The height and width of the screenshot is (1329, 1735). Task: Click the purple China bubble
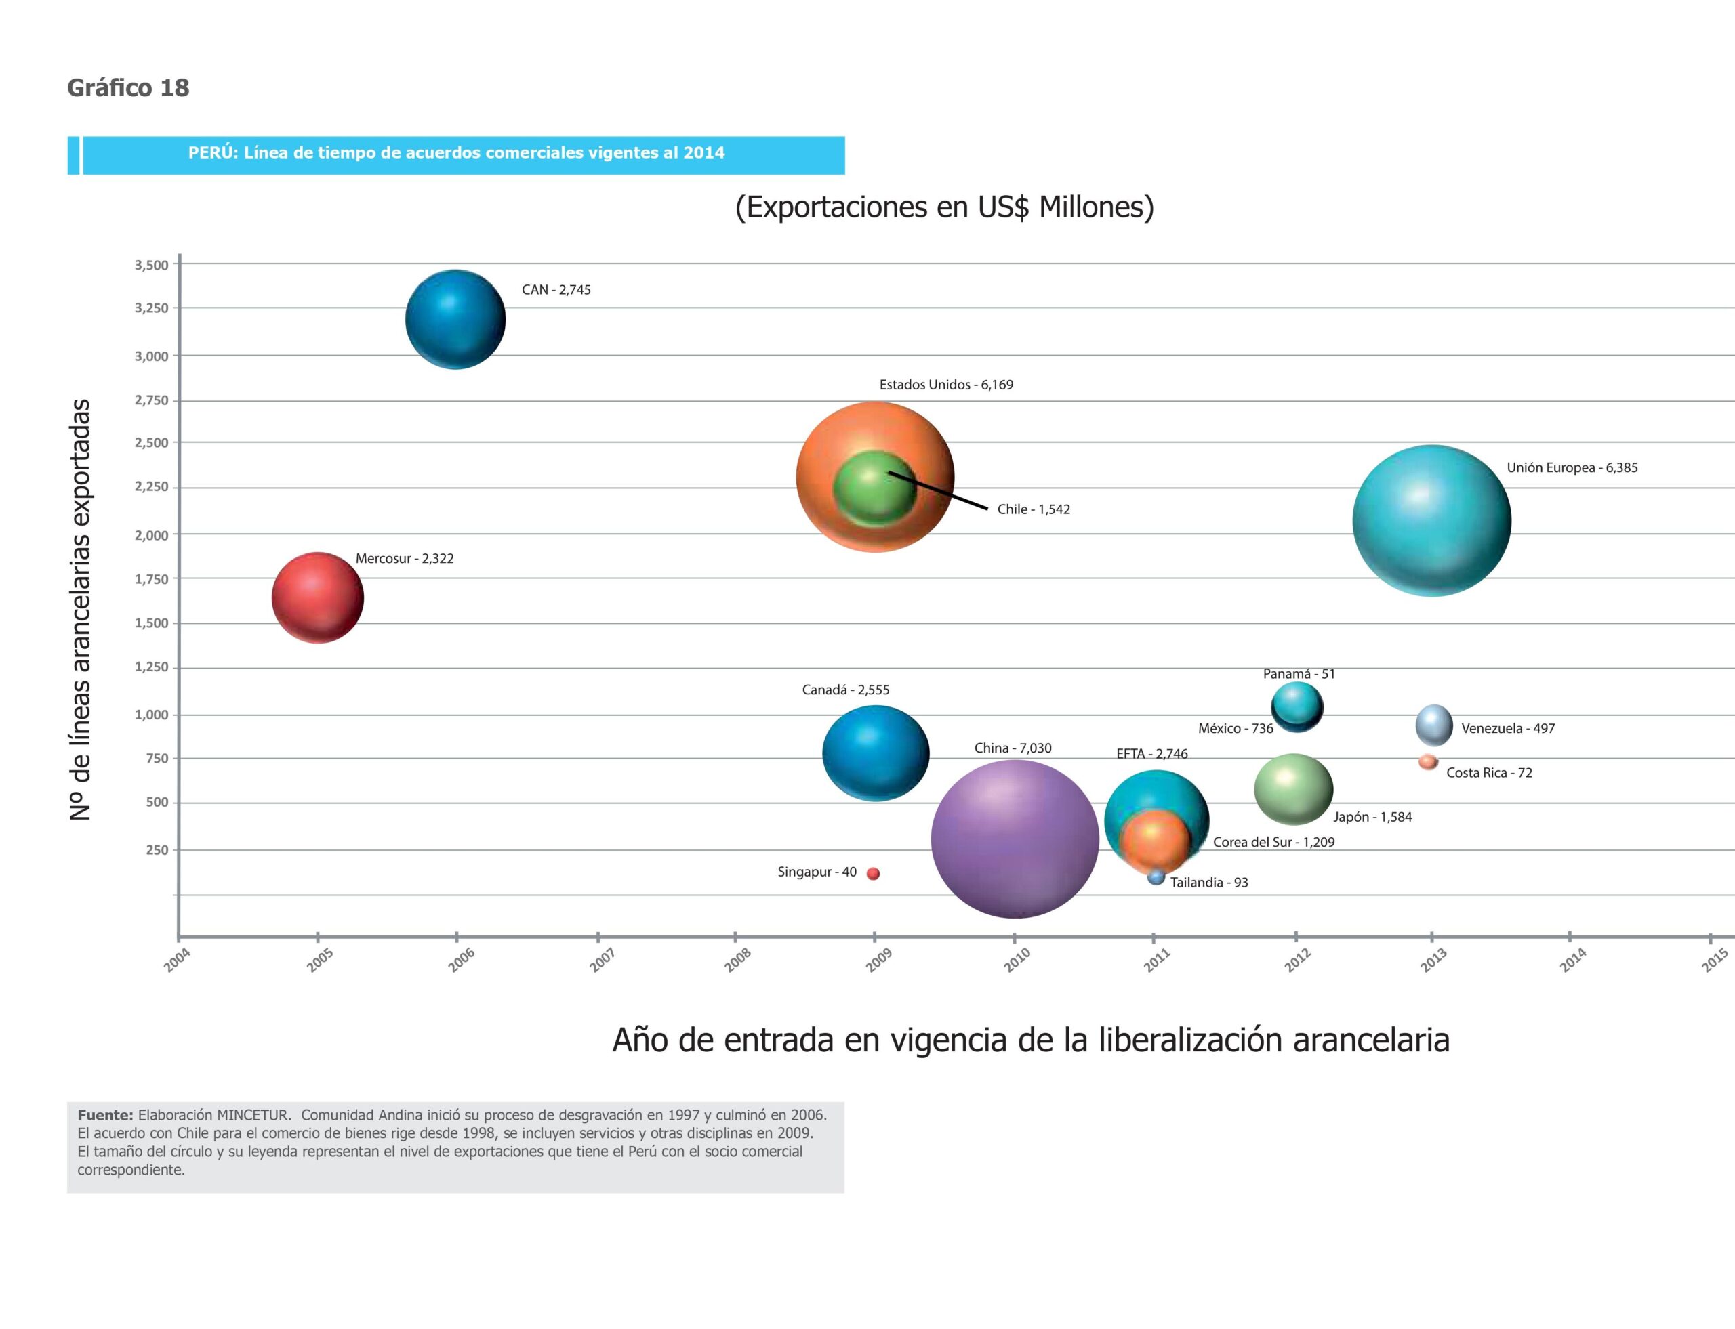pyautogui.click(x=1015, y=839)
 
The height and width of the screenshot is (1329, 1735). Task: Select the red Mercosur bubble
pyautogui.click(x=317, y=597)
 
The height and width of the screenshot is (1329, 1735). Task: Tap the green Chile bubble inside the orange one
pyautogui.click(x=875, y=488)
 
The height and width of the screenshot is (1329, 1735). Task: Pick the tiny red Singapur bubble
pyautogui.click(x=873, y=873)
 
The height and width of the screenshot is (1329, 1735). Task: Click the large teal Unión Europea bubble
pyautogui.click(x=1431, y=520)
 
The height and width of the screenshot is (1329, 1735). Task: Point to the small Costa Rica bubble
pyautogui.click(x=1428, y=762)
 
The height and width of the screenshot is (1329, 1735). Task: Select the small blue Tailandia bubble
pyautogui.click(x=1156, y=877)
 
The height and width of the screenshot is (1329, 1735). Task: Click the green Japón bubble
pyautogui.click(x=1293, y=788)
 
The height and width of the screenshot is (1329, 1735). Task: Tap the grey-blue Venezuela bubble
pyautogui.click(x=1433, y=725)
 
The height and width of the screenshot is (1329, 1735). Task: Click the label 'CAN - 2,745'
pyautogui.click(x=556, y=289)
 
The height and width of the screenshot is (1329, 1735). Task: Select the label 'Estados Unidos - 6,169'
pyautogui.click(x=946, y=385)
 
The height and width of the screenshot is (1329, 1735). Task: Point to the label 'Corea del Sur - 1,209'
pyautogui.click(x=1273, y=842)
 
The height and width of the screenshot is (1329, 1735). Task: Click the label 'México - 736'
pyautogui.click(x=1235, y=727)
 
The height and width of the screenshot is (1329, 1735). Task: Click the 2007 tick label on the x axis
pyautogui.click(x=603, y=960)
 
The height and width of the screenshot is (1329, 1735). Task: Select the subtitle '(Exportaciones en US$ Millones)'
pyautogui.click(x=944, y=207)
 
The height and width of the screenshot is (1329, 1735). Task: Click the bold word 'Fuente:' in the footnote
pyautogui.click(x=104, y=1115)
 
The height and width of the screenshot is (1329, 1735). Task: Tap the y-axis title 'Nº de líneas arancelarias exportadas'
pyautogui.click(x=80, y=609)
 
